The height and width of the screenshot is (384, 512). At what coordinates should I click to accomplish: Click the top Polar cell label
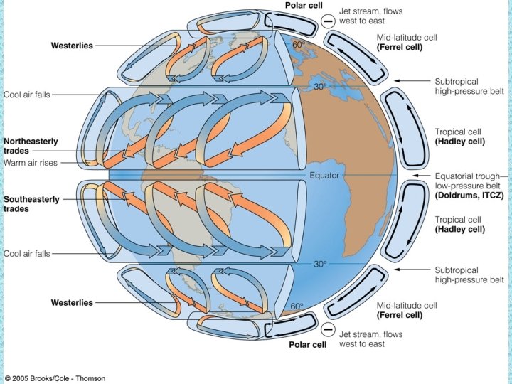[x=305, y=6]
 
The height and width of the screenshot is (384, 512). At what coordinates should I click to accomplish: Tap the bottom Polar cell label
[x=306, y=345]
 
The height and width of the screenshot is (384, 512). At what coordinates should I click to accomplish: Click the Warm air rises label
[x=30, y=162]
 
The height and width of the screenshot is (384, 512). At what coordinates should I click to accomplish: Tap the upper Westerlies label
[x=72, y=46]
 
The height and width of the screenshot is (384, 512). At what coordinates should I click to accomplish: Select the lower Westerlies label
[x=72, y=303]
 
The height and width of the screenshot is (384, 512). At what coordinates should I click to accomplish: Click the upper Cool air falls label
[x=27, y=94]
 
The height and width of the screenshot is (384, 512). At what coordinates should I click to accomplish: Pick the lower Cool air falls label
[x=27, y=253]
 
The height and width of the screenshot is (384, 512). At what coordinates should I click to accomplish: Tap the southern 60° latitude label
[x=297, y=306]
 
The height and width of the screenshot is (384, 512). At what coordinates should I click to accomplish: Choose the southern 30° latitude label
[x=321, y=264]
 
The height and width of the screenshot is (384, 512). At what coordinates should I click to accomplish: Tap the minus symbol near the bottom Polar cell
[x=328, y=329]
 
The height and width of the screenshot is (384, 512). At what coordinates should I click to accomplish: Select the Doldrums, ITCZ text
[x=470, y=195]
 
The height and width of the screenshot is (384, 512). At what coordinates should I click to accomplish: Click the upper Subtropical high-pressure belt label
[x=469, y=87]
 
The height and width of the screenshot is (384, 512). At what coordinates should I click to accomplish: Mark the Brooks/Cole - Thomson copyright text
[x=56, y=377]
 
